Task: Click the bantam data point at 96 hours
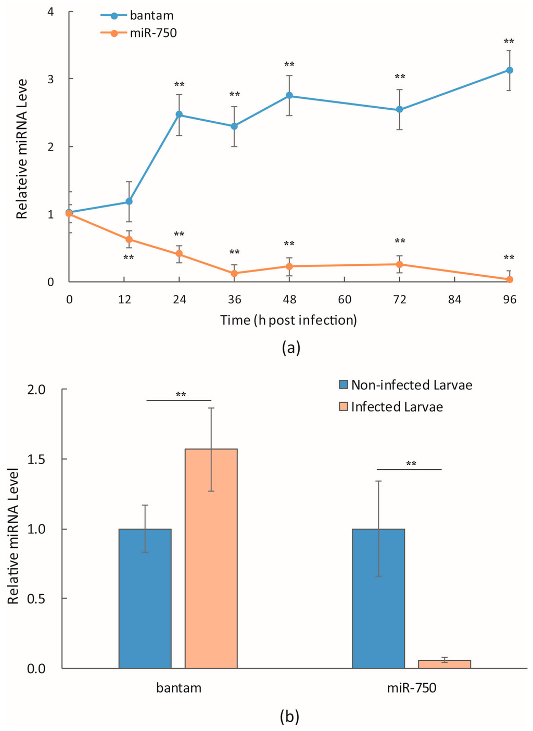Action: (x=510, y=70)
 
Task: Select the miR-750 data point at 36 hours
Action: (x=234, y=274)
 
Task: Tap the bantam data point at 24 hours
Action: (x=179, y=114)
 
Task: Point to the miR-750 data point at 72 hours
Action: (x=399, y=264)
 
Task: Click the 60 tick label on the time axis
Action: (x=344, y=299)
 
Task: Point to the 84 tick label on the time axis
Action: (x=454, y=299)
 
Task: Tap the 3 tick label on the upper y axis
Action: (x=51, y=79)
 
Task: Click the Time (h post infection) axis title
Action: (x=288, y=320)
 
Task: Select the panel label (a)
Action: (x=290, y=348)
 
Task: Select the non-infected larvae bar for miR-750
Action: (x=378, y=598)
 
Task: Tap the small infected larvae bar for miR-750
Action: (x=445, y=664)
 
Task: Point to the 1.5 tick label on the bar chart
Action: (x=36, y=459)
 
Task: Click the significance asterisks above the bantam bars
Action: (x=180, y=394)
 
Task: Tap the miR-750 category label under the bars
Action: (x=411, y=688)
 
